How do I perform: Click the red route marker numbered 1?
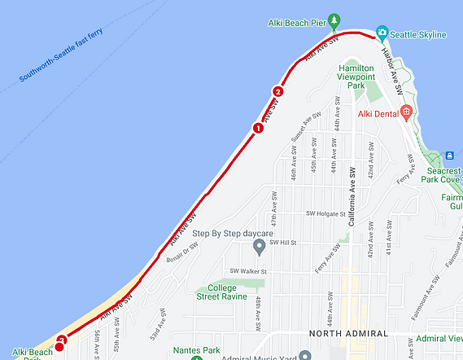(x=258, y=128)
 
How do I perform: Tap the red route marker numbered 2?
(x=278, y=92)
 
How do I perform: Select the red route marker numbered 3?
(x=62, y=341)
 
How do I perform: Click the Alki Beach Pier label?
(x=297, y=23)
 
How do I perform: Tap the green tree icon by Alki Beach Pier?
(x=333, y=20)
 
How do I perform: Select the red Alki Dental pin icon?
(x=407, y=112)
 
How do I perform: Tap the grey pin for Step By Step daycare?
(x=260, y=246)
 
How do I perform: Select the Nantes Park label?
(x=197, y=351)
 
